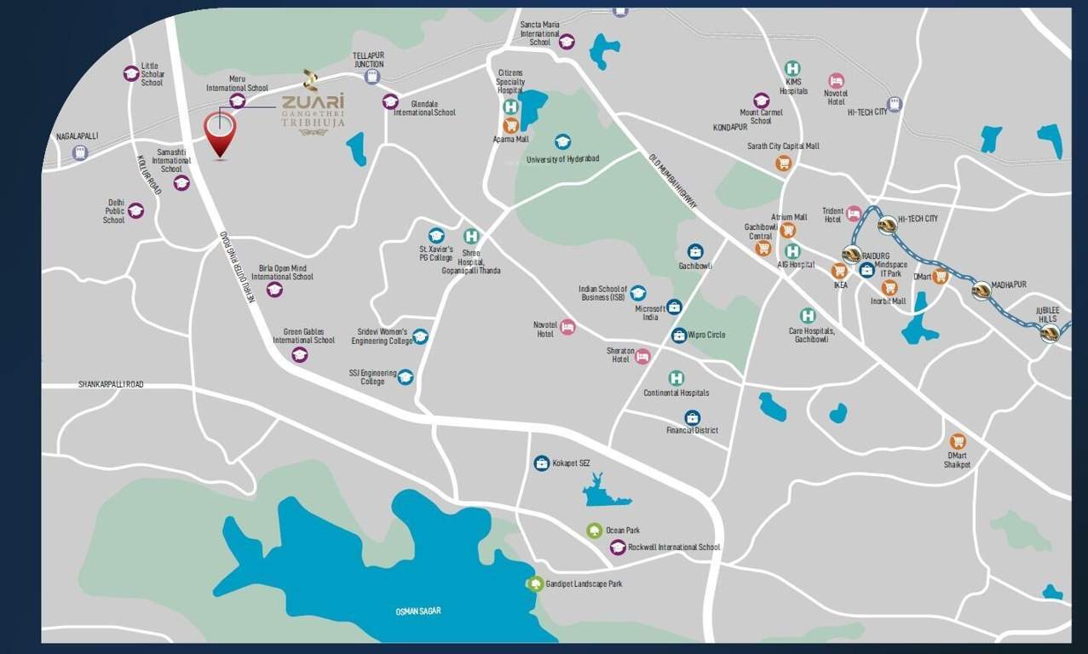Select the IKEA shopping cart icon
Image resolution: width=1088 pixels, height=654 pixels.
(839, 271)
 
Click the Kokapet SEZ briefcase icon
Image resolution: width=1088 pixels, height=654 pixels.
(541, 463)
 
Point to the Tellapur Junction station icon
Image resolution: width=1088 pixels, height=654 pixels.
(371, 77)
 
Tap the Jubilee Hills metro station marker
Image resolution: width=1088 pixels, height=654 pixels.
(1049, 334)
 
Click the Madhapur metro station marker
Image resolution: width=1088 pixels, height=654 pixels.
(982, 290)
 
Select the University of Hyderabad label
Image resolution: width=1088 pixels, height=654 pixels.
(562, 159)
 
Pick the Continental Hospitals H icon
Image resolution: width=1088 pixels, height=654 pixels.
(676, 378)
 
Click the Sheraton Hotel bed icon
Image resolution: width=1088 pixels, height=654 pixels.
(642, 356)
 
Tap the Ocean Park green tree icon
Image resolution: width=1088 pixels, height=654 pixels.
(594, 531)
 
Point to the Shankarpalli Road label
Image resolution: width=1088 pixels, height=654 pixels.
(111, 385)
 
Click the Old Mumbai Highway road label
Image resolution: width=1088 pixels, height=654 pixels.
(672, 181)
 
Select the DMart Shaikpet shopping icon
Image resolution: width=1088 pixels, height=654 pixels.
(958, 441)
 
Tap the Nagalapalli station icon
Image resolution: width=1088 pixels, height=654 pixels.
(80, 152)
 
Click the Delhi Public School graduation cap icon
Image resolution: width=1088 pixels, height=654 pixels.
(136, 210)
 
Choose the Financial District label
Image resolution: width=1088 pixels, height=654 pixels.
(692, 431)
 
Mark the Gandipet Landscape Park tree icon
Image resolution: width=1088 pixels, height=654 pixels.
(535, 584)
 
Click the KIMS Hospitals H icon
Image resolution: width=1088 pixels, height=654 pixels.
(792, 68)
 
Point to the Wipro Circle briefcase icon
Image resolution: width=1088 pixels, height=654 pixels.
(678, 336)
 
